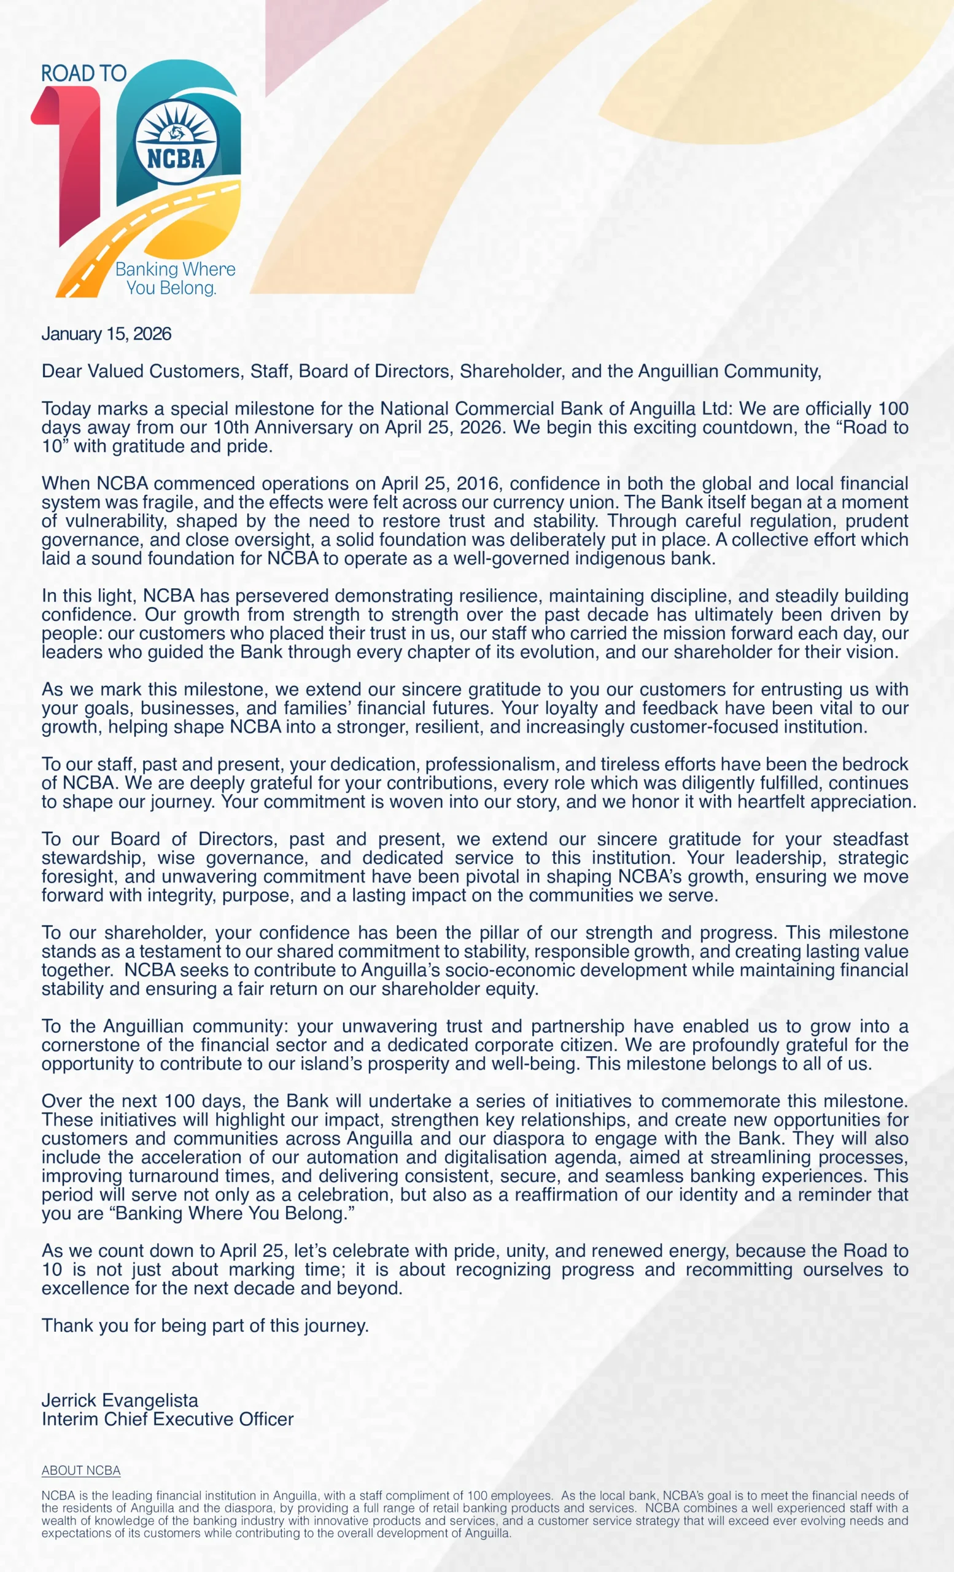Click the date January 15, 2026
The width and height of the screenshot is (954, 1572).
[106, 333]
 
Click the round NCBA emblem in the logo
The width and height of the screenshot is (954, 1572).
[177, 142]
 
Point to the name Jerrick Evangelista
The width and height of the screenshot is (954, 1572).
[120, 1401]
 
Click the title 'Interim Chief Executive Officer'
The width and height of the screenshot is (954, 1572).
[167, 1419]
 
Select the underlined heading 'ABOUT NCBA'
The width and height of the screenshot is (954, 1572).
[81, 1471]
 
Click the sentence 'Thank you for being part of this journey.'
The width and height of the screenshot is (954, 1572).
[204, 1326]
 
